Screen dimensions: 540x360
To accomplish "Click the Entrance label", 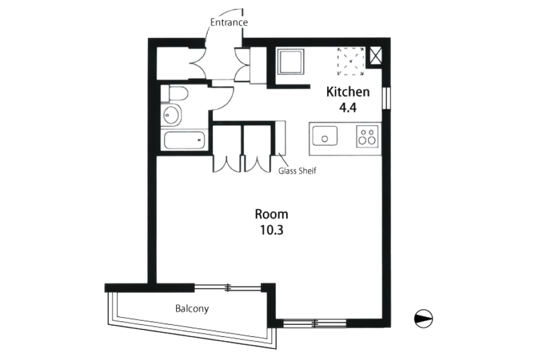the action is click(x=229, y=22).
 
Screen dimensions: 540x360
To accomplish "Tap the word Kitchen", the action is click(x=348, y=92).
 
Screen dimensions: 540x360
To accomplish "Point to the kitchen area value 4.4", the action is click(x=347, y=108).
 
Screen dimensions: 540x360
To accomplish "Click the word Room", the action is click(x=271, y=214).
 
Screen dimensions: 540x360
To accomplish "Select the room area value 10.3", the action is click(x=271, y=230).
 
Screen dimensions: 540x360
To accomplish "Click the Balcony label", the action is click(x=192, y=309).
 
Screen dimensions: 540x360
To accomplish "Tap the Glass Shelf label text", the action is click(x=297, y=171).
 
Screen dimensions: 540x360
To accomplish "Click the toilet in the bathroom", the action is click(x=175, y=93).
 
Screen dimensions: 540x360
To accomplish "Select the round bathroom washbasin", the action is click(x=171, y=115).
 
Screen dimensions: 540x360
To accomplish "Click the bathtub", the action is click(x=184, y=140).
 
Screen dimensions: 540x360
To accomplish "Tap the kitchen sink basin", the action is click(x=325, y=135).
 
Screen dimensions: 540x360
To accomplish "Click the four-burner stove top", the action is click(x=367, y=136).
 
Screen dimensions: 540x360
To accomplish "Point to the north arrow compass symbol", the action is click(x=423, y=319).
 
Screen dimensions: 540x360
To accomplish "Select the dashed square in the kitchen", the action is click(x=351, y=62).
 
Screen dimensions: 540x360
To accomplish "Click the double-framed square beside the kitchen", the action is click(x=291, y=62).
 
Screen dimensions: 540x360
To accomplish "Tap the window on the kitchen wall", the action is click(x=387, y=98).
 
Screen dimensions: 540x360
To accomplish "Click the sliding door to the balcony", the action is click(x=228, y=288).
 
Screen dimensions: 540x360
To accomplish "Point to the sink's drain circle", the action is click(x=325, y=139).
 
